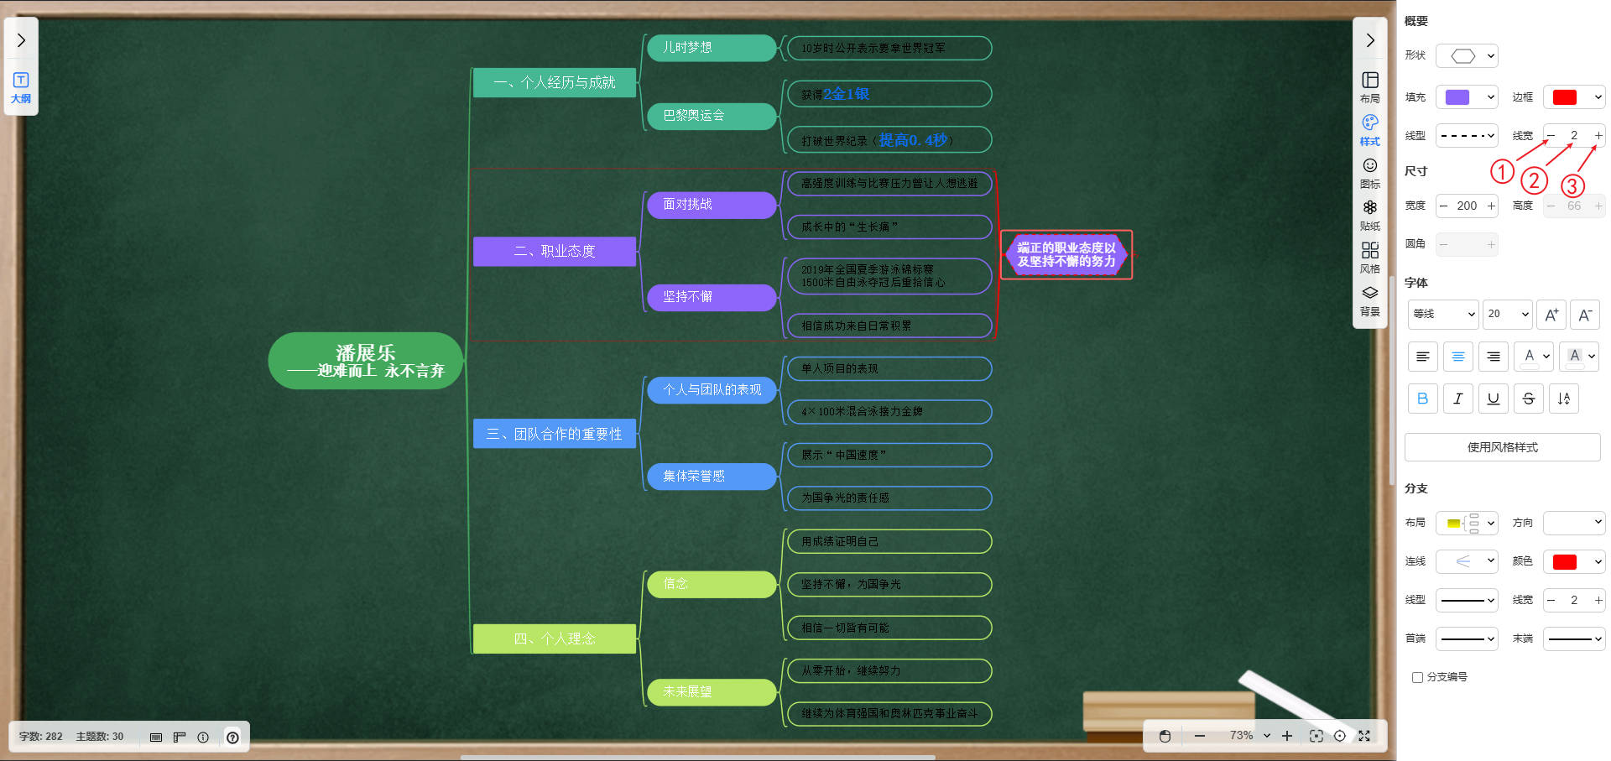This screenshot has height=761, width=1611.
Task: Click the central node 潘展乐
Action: (x=365, y=361)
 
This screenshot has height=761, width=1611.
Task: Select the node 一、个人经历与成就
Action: (x=554, y=82)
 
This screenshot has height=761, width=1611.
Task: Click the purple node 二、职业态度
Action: (x=554, y=251)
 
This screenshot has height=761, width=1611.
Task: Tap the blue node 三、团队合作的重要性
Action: (x=554, y=434)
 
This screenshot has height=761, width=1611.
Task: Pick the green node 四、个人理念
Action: (x=554, y=639)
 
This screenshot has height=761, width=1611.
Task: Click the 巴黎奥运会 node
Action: (x=711, y=116)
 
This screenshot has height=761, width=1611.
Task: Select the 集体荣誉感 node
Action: (x=711, y=476)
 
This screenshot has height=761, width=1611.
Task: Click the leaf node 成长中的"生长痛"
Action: (x=889, y=227)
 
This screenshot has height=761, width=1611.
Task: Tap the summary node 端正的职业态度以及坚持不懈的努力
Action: (x=1066, y=254)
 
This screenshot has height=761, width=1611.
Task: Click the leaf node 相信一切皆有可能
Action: (x=889, y=628)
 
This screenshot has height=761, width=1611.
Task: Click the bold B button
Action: (x=1422, y=399)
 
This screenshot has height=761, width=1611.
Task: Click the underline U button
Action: (x=1493, y=399)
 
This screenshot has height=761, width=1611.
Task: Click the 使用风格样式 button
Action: (x=1502, y=447)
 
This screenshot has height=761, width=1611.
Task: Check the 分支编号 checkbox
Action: (x=1417, y=677)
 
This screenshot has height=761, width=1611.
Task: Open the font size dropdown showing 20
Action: (x=1507, y=314)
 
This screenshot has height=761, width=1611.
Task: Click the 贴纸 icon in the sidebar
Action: (x=1369, y=214)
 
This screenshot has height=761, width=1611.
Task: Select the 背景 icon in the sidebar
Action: (x=1369, y=300)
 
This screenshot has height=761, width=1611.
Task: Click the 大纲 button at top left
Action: (x=21, y=87)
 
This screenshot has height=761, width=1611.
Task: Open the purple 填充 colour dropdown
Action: (x=1467, y=97)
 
